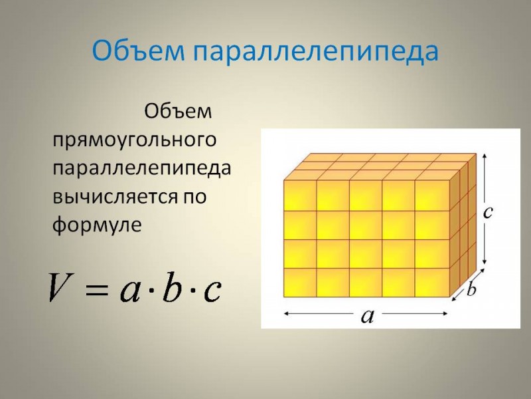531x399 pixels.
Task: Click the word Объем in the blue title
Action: [139, 51]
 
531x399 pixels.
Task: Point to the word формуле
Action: [97, 225]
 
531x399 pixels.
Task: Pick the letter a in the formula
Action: [129, 291]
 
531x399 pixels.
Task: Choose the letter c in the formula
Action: [212, 291]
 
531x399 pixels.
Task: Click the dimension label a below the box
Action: [367, 317]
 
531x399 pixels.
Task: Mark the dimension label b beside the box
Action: [471, 289]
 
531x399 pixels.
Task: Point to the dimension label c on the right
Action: [488, 212]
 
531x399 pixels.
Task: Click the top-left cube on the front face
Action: [300, 196]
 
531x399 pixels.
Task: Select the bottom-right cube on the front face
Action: [432, 283]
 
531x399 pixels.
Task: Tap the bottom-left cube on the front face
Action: [300, 283]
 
